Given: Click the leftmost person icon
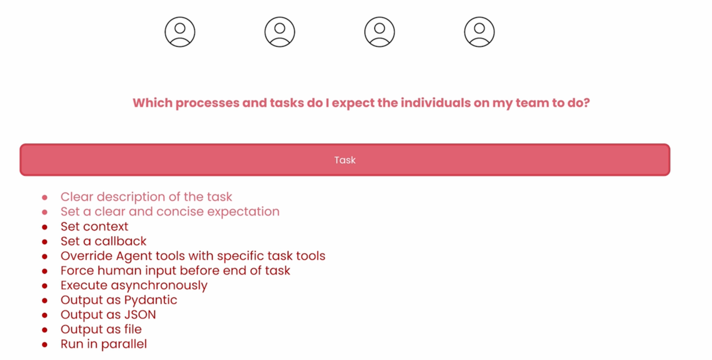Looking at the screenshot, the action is [x=180, y=32].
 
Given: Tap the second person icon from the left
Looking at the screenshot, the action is [x=280, y=32].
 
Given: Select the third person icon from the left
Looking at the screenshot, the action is [x=379, y=32].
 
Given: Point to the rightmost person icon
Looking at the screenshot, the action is [x=479, y=32].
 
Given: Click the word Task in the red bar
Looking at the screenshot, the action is [x=345, y=160].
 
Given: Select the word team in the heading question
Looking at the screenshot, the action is [x=532, y=103].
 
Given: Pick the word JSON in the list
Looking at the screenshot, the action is [x=140, y=315].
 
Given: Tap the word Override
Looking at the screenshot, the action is [x=87, y=256].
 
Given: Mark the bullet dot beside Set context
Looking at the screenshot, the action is [x=45, y=227].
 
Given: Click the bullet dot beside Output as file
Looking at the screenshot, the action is [x=45, y=330].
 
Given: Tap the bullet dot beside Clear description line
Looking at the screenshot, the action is [x=45, y=197].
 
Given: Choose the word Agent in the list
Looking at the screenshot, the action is [x=133, y=256].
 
